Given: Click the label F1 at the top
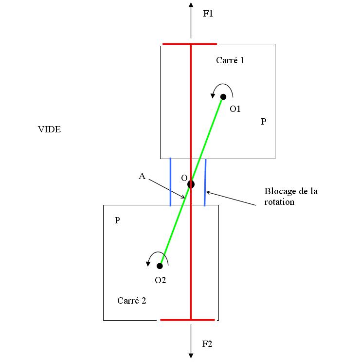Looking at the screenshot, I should [x=208, y=14].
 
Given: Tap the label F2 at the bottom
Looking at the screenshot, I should [x=207, y=345].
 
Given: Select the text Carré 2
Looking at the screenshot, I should [x=131, y=300].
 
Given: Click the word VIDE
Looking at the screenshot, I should [x=50, y=129].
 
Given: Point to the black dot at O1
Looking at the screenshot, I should [x=223, y=97].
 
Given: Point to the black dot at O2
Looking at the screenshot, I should [x=160, y=266].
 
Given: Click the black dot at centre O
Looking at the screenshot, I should [x=191, y=184].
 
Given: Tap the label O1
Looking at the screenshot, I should [x=235, y=109].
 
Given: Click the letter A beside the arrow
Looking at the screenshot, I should [x=142, y=177].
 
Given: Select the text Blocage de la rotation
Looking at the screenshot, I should [x=291, y=196].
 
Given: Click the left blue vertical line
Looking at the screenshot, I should [x=170, y=181].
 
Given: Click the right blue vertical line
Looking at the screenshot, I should [x=205, y=181].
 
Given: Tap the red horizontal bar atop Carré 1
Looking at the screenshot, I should [x=190, y=44].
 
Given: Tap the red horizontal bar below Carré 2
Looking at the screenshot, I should [x=187, y=320].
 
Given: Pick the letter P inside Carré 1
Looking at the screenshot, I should [x=263, y=122].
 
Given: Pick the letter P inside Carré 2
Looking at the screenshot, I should [x=117, y=220].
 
